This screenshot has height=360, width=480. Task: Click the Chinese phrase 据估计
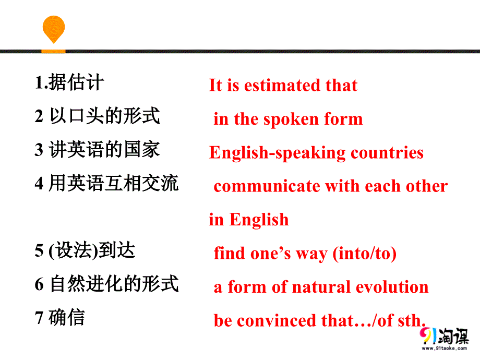pos(76,82)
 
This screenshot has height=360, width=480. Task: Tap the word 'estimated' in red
pos(282,86)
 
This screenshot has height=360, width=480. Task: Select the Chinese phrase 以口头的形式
pos(104,116)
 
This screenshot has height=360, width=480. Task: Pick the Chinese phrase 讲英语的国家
pos(104,150)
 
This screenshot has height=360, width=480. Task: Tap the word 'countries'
pos(387,153)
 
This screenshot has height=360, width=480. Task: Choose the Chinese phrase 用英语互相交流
pos(114,183)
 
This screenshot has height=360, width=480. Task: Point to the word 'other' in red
pos(427,186)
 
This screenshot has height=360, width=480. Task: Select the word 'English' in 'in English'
pos(259,220)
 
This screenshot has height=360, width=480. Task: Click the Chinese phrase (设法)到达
pos(92,250)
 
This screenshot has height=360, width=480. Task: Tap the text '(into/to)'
pos(364,254)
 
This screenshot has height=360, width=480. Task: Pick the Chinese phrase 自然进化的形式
pos(114,284)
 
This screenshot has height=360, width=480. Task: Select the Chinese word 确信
pos(67,317)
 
